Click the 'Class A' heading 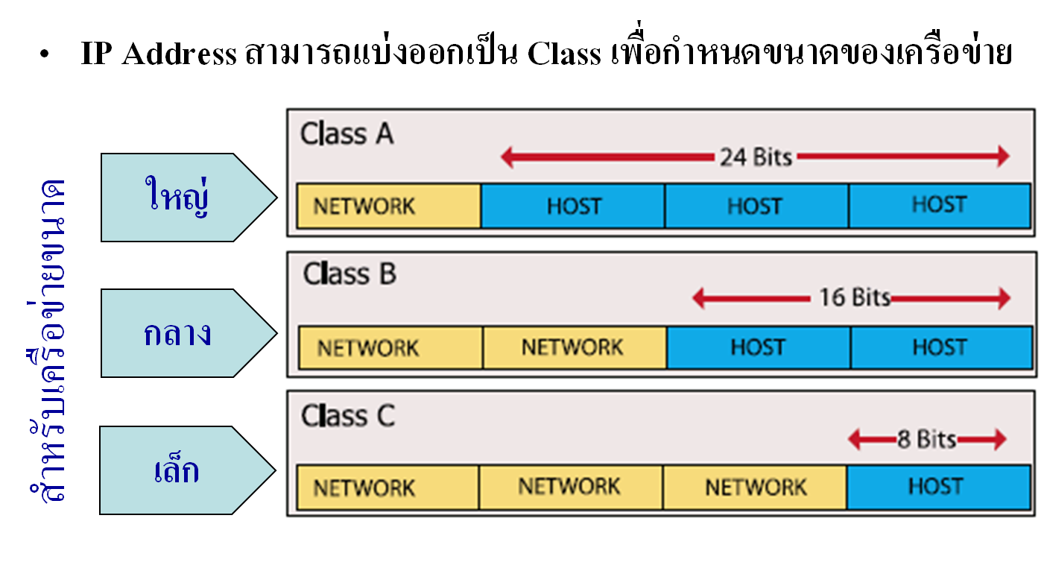(x=347, y=135)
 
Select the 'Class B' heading (x=349, y=274)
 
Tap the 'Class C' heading (x=348, y=416)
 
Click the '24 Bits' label (x=755, y=157)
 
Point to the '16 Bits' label (x=854, y=298)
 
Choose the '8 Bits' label (x=927, y=440)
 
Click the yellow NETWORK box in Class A (x=388, y=206)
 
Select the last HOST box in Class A (x=939, y=205)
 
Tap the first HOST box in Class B (x=758, y=347)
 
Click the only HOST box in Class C (x=937, y=488)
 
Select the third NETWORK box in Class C (x=755, y=488)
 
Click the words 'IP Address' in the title (x=158, y=55)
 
